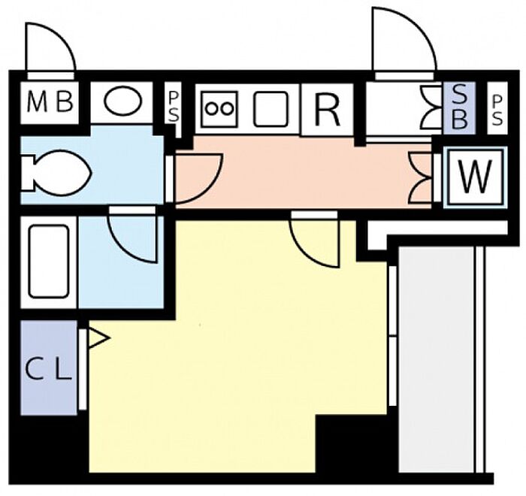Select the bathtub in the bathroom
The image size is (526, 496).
tap(48, 261)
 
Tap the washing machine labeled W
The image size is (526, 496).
tap(473, 178)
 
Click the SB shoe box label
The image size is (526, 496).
tap(459, 107)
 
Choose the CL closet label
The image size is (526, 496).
tap(48, 368)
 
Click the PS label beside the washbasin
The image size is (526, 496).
tap(173, 107)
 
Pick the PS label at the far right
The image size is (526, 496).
tap(497, 109)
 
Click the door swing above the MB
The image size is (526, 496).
tap(51, 47)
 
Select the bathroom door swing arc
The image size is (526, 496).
tap(134, 234)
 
